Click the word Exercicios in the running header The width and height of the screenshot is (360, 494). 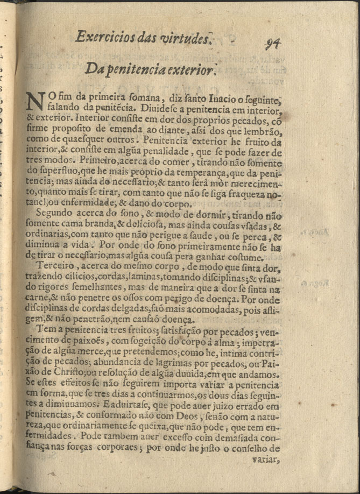103,37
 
